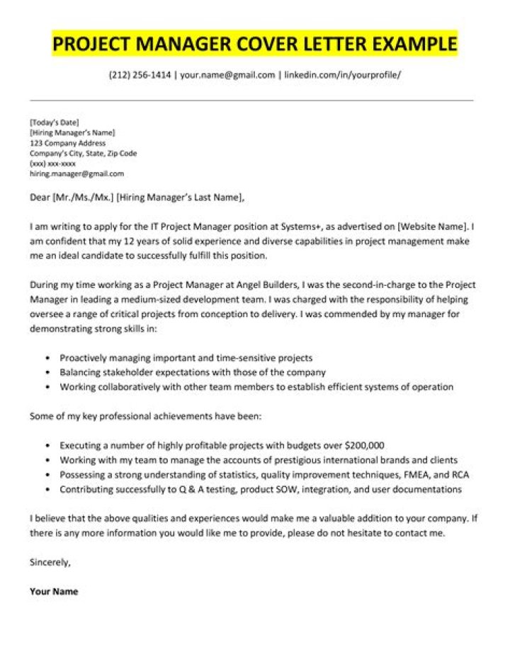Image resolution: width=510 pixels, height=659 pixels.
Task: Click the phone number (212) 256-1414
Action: tap(140, 74)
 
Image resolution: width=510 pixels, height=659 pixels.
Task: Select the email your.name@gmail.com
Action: tap(227, 74)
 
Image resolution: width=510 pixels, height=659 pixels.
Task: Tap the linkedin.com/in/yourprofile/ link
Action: tap(342, 74)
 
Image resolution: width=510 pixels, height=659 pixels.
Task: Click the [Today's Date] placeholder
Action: tap(55, 122)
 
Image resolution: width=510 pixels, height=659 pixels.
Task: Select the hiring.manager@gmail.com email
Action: tap(76, 173)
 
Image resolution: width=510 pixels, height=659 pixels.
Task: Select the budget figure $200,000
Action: tap(363, 446)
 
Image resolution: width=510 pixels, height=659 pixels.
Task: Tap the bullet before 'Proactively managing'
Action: tap(47, 358)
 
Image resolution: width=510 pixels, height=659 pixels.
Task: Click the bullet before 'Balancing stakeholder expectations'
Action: tap(47, 372)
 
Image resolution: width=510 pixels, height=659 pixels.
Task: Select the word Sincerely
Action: tap(50, 563)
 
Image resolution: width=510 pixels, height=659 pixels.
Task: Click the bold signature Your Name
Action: tap(54, 592)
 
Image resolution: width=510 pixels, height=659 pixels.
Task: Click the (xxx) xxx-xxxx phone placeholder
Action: tap(52, 163)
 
